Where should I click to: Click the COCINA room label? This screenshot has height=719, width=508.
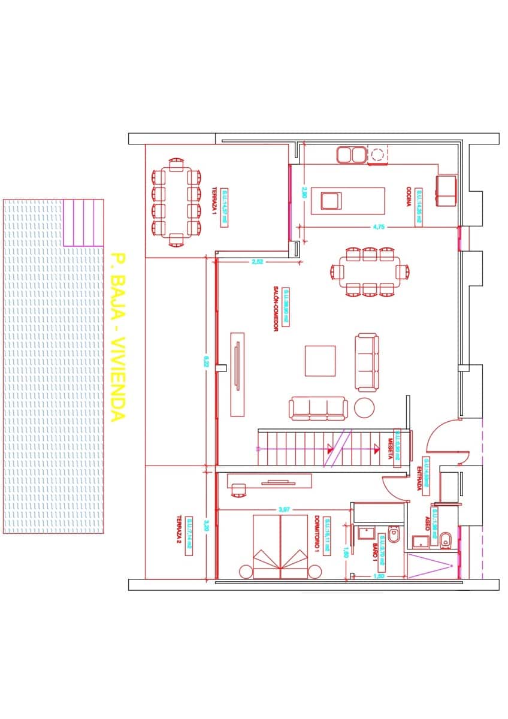point(409,197)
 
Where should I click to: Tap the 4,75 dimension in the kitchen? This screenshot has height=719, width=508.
point(378,226)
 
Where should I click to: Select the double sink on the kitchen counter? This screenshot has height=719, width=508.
point(351,155)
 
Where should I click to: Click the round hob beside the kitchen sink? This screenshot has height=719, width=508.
point(377,155)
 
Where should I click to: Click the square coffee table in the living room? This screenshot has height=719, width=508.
point(320,360)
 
